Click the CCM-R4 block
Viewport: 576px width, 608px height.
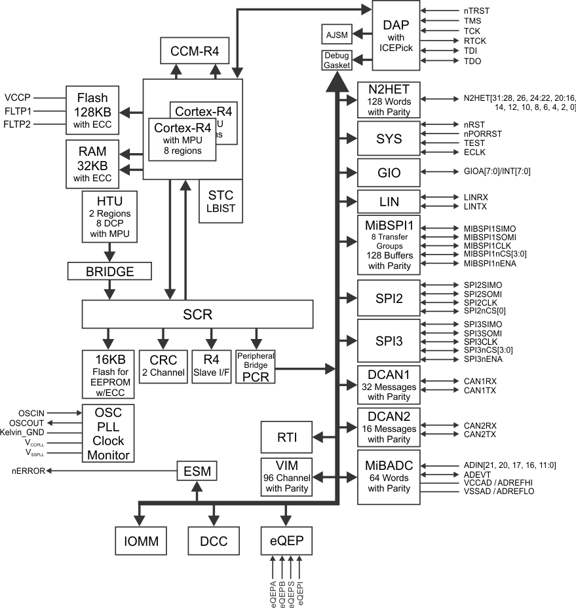pyautogui.click(x=194, y=51)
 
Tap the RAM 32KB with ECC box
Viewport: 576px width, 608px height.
pyautogui.click(x=92, y=164)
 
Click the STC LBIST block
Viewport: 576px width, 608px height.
pyautogui.click(x=220, y=202)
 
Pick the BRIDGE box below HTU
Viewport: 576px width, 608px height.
pyautogui.click(x=109, y=270)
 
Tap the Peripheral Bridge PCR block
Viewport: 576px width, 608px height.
pyautogui.click(x=256, y=367)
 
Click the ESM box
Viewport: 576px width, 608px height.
pyautogui.click(x=197, y=471)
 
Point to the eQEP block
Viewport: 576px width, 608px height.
pyautogui.click(x=286, y=541)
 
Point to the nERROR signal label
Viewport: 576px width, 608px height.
pyautogui.click(x=28, y=471)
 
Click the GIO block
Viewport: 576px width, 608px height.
pyautogui.click(x=388, y=173)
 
